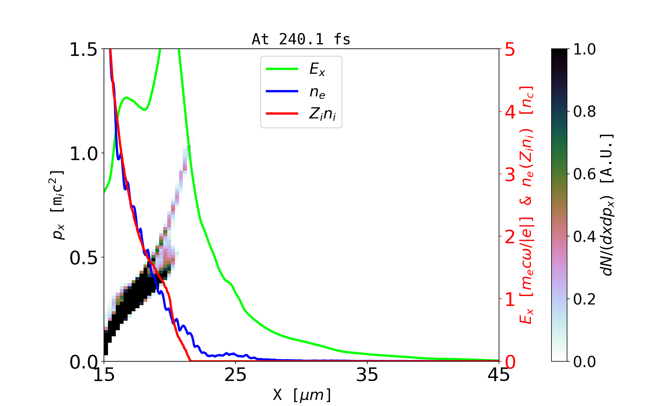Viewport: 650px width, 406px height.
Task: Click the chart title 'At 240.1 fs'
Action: (301, 40)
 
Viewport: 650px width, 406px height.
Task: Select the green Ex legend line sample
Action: (282, 69)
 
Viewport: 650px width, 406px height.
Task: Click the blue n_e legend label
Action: (317, 92)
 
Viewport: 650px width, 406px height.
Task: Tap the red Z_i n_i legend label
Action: (322, 114)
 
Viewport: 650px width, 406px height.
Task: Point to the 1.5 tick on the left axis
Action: (83, 50)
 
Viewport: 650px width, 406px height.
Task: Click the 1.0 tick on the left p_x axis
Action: (83, 154)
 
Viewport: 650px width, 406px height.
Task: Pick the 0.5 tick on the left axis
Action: (83, 258)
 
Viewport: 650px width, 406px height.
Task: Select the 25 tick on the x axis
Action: (236, 375)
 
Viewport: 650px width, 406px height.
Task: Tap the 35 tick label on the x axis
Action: (367, 375)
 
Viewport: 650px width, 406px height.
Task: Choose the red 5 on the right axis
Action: (510, 50)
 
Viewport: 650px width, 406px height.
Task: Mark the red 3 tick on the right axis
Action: (510, 175)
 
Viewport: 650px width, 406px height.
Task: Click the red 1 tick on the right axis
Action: (510, 299)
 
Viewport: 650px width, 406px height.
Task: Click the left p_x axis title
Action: (58, 205)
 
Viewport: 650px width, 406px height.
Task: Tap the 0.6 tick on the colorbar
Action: (584, 174)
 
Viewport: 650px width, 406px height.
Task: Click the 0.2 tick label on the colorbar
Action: (584, 299)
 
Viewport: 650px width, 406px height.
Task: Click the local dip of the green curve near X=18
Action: (145, 110)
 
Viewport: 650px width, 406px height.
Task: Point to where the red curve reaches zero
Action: (190, 360)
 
